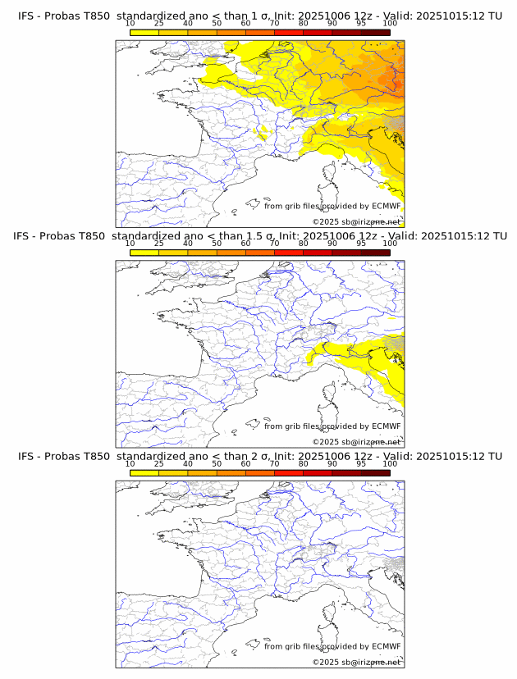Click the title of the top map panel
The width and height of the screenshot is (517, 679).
259,16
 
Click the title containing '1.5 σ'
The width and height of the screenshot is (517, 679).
259,236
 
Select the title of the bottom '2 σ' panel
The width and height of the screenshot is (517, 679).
259,456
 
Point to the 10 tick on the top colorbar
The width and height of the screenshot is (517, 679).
130,24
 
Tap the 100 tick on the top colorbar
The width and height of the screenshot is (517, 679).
390,24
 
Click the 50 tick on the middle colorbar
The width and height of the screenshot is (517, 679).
217,244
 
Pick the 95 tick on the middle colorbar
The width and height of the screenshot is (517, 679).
361,244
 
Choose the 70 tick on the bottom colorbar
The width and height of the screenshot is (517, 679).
274,464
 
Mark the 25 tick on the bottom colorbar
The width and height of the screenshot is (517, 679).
159,464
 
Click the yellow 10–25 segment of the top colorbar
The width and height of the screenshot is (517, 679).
144,32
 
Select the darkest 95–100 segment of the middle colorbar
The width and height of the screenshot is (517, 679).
375,253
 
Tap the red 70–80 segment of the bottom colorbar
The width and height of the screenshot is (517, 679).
289,473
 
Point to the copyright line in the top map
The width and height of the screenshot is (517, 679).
356,221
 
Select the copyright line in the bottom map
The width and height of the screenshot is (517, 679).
356,662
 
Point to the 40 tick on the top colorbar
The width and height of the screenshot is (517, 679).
188,24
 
